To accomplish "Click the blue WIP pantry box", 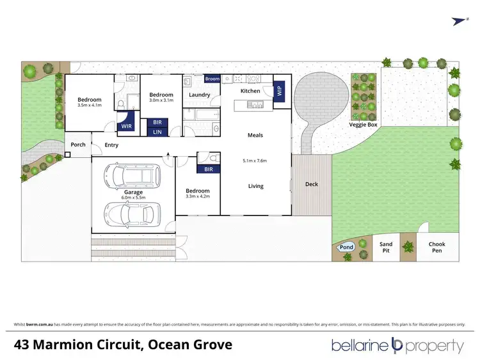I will pos(279,90).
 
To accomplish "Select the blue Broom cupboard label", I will pos(212,79).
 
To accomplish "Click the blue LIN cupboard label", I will pos(157,132).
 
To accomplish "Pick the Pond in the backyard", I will pos(346,247).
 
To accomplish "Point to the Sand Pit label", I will pos(386,247).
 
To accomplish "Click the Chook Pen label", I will pos(436,247).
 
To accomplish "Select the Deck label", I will pos(312,184).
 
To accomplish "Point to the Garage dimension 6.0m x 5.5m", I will pos(133,197).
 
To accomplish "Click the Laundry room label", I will pos(200,95).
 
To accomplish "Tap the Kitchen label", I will pos(250,91).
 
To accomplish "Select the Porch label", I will pos(78,145).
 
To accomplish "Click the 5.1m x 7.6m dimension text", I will pos(255,160).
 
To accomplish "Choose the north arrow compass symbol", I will pos(458,21).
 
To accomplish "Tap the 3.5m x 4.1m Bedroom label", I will pos(90,102).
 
